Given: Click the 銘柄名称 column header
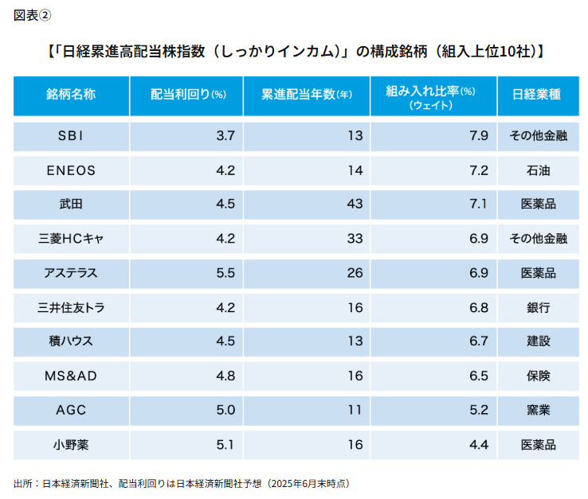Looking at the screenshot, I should click(71, 95).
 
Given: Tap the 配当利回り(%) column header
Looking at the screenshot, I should click(188, 95).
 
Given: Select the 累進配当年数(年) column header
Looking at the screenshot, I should click(307, 95).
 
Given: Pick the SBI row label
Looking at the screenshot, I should click(71, 136).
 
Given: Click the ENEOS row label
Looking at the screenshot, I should click(71, 170).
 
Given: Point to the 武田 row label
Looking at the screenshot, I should click(71, 205).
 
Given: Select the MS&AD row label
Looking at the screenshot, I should click(71, 376).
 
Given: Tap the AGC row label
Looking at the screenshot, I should click(71, 410).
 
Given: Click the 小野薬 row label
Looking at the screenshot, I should click(71, 444).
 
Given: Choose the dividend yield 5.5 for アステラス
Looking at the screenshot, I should click(225, 273).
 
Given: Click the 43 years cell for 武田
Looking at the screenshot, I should click(355, 205).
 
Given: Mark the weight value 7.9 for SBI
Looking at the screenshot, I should click(479, 136).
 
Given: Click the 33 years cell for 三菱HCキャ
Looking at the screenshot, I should click(355, 239).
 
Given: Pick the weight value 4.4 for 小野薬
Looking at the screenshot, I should click(479, 444).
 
